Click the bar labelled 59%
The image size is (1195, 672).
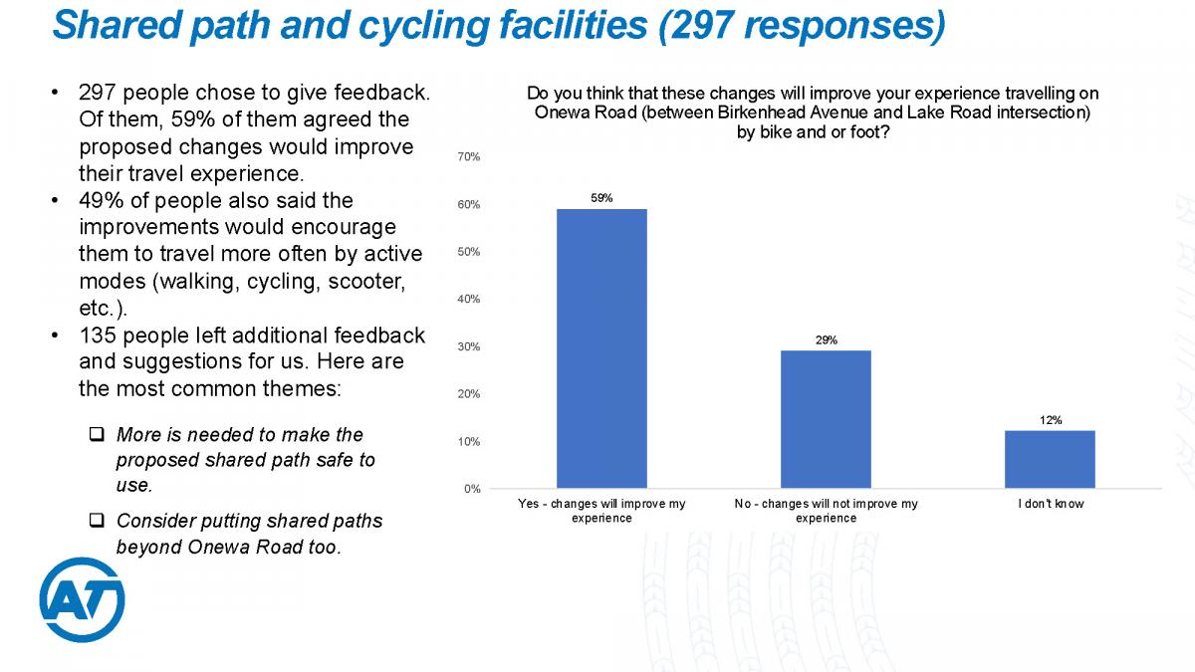point(601,348)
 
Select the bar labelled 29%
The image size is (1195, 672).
point(826,419)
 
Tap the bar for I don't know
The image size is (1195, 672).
point(1050,459)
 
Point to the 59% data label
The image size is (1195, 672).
point(601,198)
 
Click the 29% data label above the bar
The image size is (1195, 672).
point(826,340)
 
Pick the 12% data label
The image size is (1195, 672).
point(1050,420)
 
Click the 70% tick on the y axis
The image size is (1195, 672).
point(469,157)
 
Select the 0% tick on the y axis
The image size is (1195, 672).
point(472,489)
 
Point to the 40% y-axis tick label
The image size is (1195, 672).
point(469,299)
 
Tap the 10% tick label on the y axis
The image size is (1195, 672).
point(469,441)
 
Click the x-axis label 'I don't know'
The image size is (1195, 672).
point(1050,505)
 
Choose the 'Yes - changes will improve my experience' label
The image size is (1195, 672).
point(601,511)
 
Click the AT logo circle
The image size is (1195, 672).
point(82,599)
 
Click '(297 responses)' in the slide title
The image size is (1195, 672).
point(801,25)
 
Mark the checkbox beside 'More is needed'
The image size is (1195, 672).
point(97,435)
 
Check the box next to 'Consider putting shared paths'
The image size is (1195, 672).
point(97,521)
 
